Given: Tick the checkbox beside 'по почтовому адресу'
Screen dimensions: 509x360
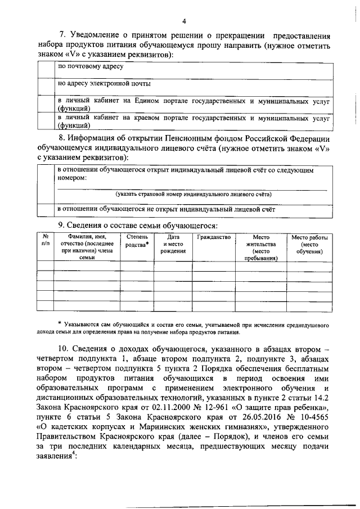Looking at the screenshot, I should coord(47,70).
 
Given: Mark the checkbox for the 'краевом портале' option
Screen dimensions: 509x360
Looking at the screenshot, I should coord(47,121).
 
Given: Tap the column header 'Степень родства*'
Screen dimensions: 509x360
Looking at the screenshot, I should coord(137,241).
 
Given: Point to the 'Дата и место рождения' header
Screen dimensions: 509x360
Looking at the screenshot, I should coord(173,245).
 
